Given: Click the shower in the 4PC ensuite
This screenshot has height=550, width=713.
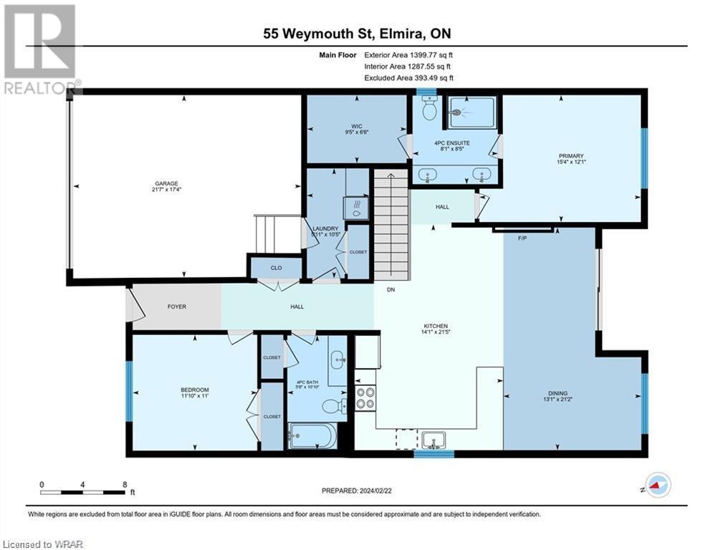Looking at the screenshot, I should [x=470, y=112].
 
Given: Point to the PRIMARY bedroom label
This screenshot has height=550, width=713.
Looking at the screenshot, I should [x=572, y=156].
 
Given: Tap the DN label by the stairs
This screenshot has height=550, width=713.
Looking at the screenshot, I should [x=391, y=290].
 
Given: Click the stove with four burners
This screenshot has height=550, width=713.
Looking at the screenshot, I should [x=365, y=397].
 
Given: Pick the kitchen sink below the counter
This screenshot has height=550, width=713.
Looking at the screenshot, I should [x=434, y=438].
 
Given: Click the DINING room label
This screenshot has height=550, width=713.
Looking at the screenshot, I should [x=558, y=393].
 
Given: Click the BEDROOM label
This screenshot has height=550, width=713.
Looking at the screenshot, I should [x=194, y=390].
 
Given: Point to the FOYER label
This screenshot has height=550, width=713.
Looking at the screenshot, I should [x=176, y=307].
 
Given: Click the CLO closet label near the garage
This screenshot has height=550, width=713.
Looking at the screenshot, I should [x=276, y=268].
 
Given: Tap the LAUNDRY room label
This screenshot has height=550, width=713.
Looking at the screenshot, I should [x=325, y=228].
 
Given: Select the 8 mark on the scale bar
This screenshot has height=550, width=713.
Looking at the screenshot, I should [x=125, y=484].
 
